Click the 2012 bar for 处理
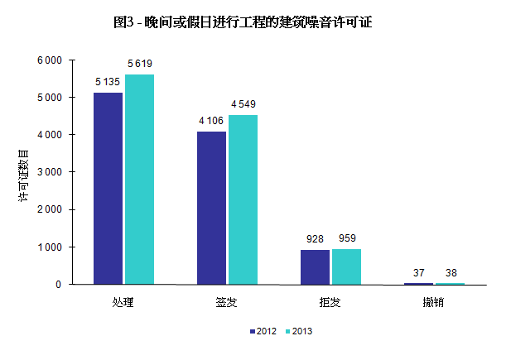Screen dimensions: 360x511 click(x=108, y=189)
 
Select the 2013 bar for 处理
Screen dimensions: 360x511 click(x=139, y=180)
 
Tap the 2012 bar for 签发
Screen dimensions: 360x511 click(x=211, y=208)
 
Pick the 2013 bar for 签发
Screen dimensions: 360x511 click(x=243, y=199)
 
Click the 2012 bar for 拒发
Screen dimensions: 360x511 click(x=315, y=267)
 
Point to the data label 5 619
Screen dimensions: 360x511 click(x=139, y=64)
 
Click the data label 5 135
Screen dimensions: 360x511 click(x=108, y=82)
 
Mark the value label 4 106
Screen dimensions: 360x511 click(x=212, y=121)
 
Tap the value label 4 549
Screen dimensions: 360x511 click(x=243, y=104)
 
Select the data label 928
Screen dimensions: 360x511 click(x=315, y=239)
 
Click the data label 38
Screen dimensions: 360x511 click(x=451, y=272)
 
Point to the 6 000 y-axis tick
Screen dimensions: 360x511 click(x=50, y=60)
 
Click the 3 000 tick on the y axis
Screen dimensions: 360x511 click(x=50, y=172)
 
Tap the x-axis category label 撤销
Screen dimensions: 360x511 click(x=433, y=302)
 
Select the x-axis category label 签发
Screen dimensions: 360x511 click(x=226, y=302)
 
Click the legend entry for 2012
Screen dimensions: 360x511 click(x=263, y=331)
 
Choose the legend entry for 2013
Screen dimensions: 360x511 click(x=299, y=331)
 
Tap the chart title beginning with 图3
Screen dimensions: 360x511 click(x=243, y=23)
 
